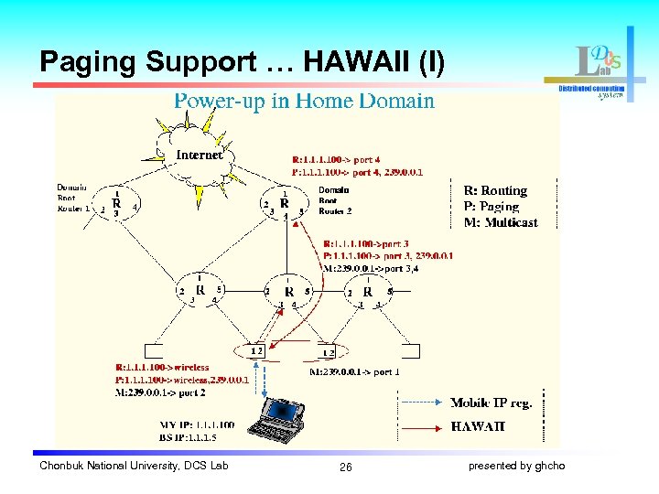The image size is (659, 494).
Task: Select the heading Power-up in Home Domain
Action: click(304, 101)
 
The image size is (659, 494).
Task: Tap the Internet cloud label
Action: click(199, 155)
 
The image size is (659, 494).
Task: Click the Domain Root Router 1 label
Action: click(73, 198)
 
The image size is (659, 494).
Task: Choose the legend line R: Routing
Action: click(495, 190)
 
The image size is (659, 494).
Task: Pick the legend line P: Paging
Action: click(492, 206)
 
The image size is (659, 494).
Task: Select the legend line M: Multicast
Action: click(501, 221)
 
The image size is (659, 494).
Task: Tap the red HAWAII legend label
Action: click(477, 426)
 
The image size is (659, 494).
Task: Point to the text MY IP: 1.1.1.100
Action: click(196, 424)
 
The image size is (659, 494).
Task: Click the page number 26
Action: click(345, 467)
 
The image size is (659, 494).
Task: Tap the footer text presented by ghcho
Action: click(516, 467)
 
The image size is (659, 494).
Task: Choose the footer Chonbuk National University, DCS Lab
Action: click(134, 467)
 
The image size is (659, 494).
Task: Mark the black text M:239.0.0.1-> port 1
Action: click(354, 371)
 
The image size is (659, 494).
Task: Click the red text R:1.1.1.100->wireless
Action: click(162, 367)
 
